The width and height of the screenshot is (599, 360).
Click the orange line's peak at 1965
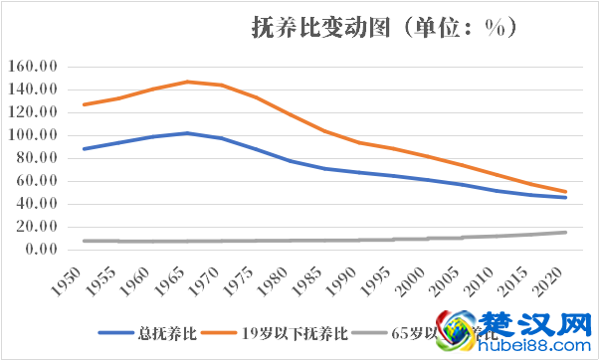click(x=186, y=82)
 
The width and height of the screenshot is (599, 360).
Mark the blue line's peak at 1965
click(x=186, y=133)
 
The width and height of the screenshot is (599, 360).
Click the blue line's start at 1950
click(x=85, y=149)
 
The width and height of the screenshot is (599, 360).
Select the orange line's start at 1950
click(x=85, y=104)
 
